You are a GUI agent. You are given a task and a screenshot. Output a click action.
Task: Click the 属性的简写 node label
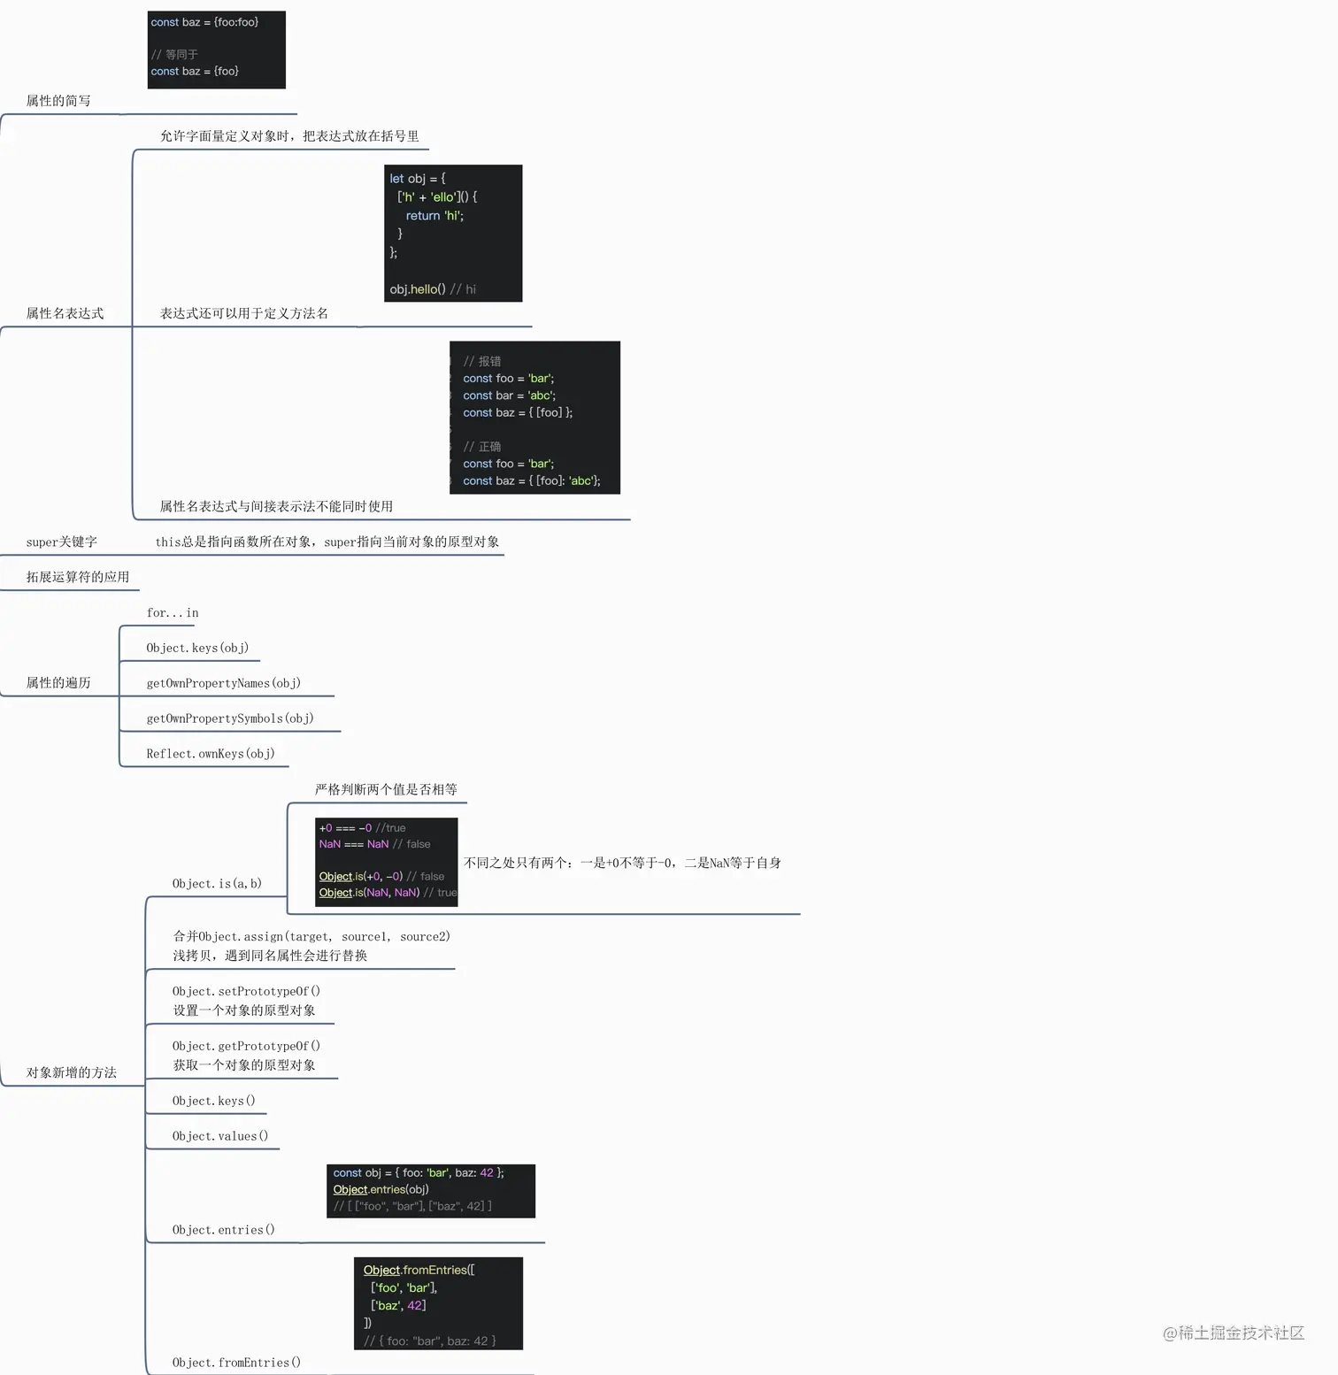58,101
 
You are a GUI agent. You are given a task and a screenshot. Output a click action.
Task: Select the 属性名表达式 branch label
65,313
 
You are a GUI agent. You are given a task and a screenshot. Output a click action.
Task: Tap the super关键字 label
62,542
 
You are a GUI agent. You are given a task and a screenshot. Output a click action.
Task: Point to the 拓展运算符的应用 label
78,577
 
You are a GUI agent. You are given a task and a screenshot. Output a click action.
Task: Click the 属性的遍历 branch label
58,683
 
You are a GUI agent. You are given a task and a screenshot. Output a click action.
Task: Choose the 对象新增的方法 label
72,1072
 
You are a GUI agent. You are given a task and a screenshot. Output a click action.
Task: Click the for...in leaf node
173,612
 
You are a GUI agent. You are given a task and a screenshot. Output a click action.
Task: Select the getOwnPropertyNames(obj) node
224,683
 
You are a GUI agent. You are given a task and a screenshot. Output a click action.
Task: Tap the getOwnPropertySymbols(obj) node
230,718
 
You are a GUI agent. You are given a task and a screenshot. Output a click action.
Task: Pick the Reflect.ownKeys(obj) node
211,754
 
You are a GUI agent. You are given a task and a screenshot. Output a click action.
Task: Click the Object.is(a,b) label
217,883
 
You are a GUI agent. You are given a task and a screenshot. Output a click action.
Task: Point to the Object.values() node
220,1136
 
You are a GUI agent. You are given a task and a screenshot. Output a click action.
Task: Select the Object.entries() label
223,1230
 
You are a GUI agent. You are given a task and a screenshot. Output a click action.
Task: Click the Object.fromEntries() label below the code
236,1363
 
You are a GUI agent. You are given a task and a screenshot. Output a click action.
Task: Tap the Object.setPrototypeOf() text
246,991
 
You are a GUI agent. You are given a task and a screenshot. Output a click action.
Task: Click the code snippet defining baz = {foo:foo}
217,50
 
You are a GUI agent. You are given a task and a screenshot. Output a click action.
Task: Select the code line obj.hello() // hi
433,289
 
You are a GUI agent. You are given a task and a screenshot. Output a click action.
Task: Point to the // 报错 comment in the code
482,361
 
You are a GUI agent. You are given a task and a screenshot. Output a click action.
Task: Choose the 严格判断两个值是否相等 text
386,789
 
